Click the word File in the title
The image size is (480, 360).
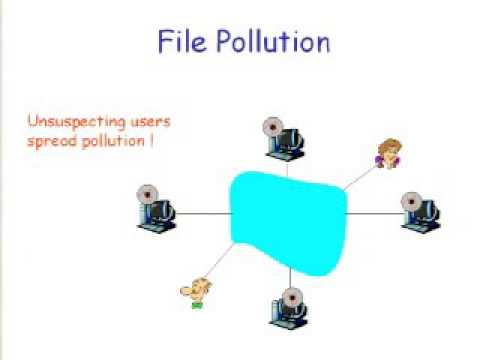tap(182, 41)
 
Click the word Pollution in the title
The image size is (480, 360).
tap(273, 41)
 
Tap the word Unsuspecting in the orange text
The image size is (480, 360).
tap(76, 122)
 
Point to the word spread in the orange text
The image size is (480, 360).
tap(52, 142)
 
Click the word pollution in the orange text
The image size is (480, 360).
tap(113, 141)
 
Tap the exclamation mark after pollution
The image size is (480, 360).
tap(151, 140)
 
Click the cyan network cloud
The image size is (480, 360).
tap(288, 223)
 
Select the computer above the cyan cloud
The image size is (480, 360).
tap(284, 140)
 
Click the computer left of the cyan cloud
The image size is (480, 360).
tap(156, 208)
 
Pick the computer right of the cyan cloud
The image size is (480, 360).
tap(421, 213)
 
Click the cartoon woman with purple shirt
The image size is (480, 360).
tap(388, 154)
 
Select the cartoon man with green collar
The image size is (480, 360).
tap(196, 293)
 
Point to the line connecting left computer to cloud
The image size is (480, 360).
tap(203, 213)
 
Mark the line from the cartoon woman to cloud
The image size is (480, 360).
tap(361, 177)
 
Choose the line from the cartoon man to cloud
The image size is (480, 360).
tap(220, 260)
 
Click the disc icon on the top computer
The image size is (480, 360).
tap(273, 127)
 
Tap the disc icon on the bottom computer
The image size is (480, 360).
tap(293, 298)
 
